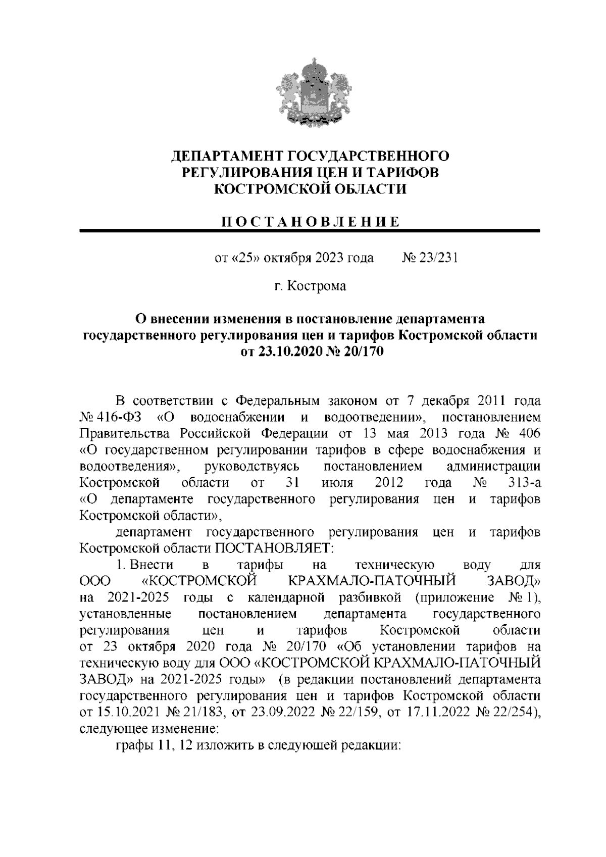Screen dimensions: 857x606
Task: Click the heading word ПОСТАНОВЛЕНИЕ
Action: (x=311, y=222)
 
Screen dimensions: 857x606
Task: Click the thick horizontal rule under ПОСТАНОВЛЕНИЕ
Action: (x=311, y=231)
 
